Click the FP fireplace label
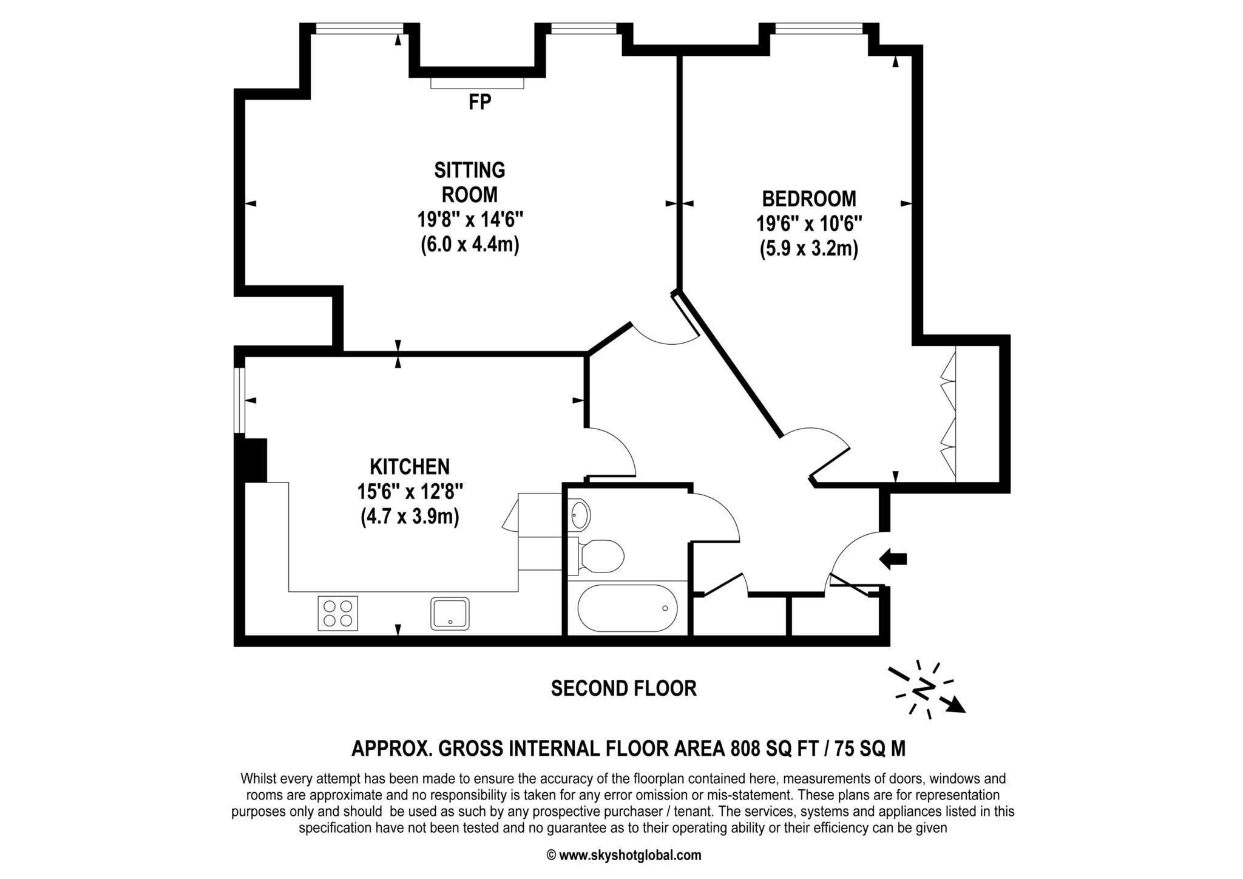coord(479,102)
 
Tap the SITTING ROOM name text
coord(470,182)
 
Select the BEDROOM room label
coord(809,199)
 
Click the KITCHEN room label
coord(410,467)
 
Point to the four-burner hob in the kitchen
coord(337,613)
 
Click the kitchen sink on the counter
coord(450,613)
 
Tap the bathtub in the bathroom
coord(627,608)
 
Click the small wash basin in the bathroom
coord(580,515)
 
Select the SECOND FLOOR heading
coord(623,688)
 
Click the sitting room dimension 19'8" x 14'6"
coord(470,219)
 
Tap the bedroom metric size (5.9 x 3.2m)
coord(809,249)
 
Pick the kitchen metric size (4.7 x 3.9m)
coord(410,517)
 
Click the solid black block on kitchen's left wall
coord(255,460)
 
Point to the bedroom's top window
coord(818,28)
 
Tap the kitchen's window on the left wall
coord(240,400)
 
